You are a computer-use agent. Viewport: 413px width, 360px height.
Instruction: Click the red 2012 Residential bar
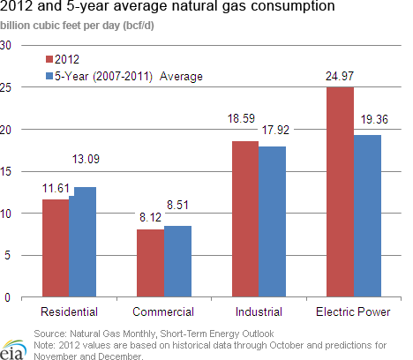click(x=56, y=248)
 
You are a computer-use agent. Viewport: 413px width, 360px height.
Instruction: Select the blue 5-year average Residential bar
click(x=83, y=242)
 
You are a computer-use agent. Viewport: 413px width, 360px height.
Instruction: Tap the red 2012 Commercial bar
click(x=151, y=263)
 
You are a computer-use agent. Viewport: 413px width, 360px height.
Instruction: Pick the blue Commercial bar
click(x=177, y=261)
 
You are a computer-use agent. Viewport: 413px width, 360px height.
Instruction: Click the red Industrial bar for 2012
click(x=245, y=219)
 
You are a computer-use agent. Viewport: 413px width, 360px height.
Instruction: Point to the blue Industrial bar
click(x=272, y=221)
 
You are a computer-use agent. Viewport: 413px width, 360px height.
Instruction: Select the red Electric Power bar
click(x=341, y=191)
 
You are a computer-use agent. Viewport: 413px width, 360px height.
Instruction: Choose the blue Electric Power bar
click(x=367, y=216)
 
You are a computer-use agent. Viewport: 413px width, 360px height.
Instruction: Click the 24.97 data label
click(x=340, y=77)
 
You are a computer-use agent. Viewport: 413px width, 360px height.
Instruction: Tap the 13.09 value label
click(x=86, y=159)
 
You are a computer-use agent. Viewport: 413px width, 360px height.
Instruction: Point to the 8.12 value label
click(x=150, y=217)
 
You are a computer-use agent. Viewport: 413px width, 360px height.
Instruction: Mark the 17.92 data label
click(x=275, y=130)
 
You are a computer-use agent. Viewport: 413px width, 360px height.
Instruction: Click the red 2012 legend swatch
click(x=49, y=59)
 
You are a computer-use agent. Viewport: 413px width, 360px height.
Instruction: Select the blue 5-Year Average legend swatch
click(x=49, y=76)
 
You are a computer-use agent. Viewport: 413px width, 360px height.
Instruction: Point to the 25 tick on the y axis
click(x=5, y=87)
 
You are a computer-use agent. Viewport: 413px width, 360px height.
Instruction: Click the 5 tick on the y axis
click(x=7, y=255)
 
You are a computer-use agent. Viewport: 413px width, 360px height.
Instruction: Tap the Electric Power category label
click(x=353, y=311)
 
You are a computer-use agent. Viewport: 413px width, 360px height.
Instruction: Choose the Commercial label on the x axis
click(x=163, y=311)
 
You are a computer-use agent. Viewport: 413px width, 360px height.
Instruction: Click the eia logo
click(x=13, y=350)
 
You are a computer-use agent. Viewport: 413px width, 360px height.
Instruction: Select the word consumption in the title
click(x=293, y=6)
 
